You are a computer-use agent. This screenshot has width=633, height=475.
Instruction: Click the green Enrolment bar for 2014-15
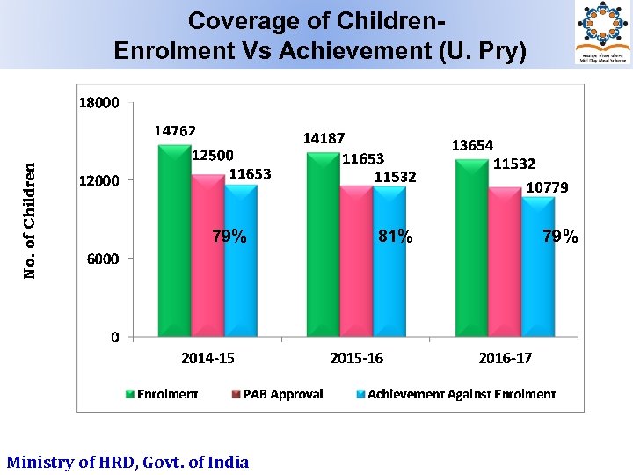coord(174,242)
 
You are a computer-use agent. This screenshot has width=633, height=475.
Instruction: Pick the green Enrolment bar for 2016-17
coord(471,247)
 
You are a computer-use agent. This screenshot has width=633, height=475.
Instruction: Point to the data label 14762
coord(175,130)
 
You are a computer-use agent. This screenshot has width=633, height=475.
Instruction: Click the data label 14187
coord(324,138)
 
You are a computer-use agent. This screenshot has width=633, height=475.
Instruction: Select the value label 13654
coord(472,145)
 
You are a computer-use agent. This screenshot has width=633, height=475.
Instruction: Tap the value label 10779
coord(547,187)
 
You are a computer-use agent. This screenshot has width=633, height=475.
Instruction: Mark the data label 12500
coord(213,155)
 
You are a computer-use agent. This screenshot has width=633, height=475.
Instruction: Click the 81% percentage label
coord(395,236)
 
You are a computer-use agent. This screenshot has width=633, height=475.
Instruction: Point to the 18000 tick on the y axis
coord(99,103)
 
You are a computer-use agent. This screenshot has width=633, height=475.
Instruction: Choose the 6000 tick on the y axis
coord(103,259)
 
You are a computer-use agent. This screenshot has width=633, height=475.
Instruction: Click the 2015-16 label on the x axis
coord(356,358)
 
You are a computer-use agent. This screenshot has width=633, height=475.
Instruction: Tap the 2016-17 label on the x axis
coord(505,358)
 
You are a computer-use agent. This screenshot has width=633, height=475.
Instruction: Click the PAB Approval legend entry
coord(277,394)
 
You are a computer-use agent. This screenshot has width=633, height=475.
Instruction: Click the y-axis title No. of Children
coord(31,220)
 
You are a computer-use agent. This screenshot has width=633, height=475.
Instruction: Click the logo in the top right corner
coord(603,33)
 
